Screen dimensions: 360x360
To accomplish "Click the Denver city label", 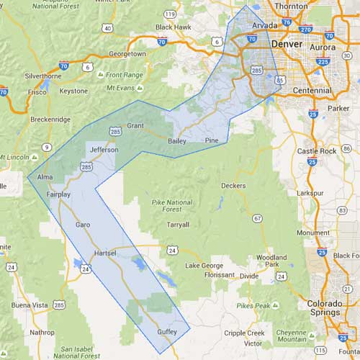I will [287, 44].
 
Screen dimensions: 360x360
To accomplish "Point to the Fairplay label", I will [58, 194].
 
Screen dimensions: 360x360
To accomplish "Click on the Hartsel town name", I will [106, 253].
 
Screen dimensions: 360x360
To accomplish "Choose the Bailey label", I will [176, 141].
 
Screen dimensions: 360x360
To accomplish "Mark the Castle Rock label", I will [317, 151].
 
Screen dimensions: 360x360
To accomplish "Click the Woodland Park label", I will [271, 261].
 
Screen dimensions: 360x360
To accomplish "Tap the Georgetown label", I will [127, 54].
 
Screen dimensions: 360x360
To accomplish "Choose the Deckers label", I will [233, 185].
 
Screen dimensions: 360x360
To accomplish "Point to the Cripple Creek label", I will [246, 333].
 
